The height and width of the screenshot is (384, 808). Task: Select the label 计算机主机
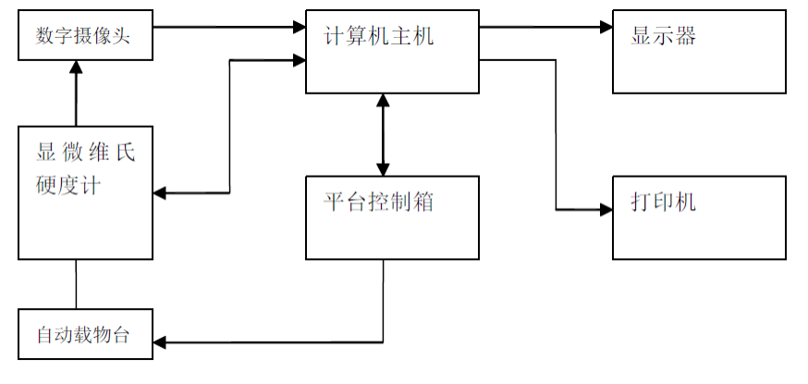(378, 37)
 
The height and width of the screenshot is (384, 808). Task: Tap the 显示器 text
(663, 37)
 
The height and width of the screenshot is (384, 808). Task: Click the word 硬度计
(67, 184)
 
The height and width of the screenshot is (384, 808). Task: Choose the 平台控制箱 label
(378, 201)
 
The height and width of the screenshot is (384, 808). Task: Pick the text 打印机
(663, 202)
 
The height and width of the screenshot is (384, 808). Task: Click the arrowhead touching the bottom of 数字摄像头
(77, 69)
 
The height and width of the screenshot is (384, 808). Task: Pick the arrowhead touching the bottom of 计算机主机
(380, 101)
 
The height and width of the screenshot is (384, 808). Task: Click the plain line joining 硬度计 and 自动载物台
(77, 284)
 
